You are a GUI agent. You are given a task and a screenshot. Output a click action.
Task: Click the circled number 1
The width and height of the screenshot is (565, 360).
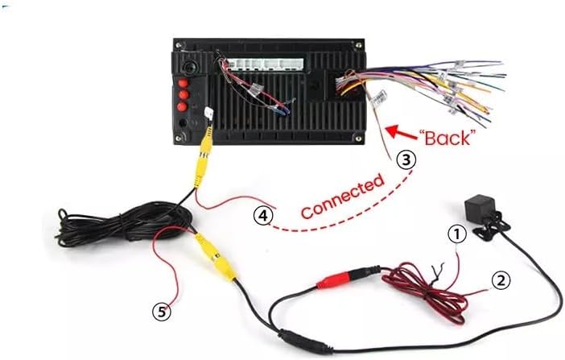457,234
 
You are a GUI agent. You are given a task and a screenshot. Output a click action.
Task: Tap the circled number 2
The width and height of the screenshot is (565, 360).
501,280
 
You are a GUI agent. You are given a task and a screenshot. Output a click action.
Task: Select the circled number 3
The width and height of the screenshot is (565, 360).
406,159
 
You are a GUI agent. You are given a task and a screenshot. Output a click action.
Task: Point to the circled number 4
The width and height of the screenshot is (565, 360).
263,215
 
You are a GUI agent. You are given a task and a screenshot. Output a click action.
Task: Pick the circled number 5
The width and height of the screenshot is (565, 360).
162,311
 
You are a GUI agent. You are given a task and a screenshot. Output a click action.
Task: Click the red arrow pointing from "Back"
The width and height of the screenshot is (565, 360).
400,132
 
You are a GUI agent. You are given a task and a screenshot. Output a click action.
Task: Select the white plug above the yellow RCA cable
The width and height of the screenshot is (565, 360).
208,114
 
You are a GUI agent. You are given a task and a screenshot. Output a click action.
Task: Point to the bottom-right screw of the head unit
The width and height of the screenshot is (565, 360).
358,138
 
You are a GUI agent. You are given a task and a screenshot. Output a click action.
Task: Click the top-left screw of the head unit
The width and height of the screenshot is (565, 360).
178,45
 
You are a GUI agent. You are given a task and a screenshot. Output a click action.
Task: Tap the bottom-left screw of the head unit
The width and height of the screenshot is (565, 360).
178,139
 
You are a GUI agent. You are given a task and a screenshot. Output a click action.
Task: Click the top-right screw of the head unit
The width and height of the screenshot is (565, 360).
358,45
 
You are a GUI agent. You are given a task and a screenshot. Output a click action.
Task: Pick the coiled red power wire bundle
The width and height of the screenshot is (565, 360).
425,292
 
